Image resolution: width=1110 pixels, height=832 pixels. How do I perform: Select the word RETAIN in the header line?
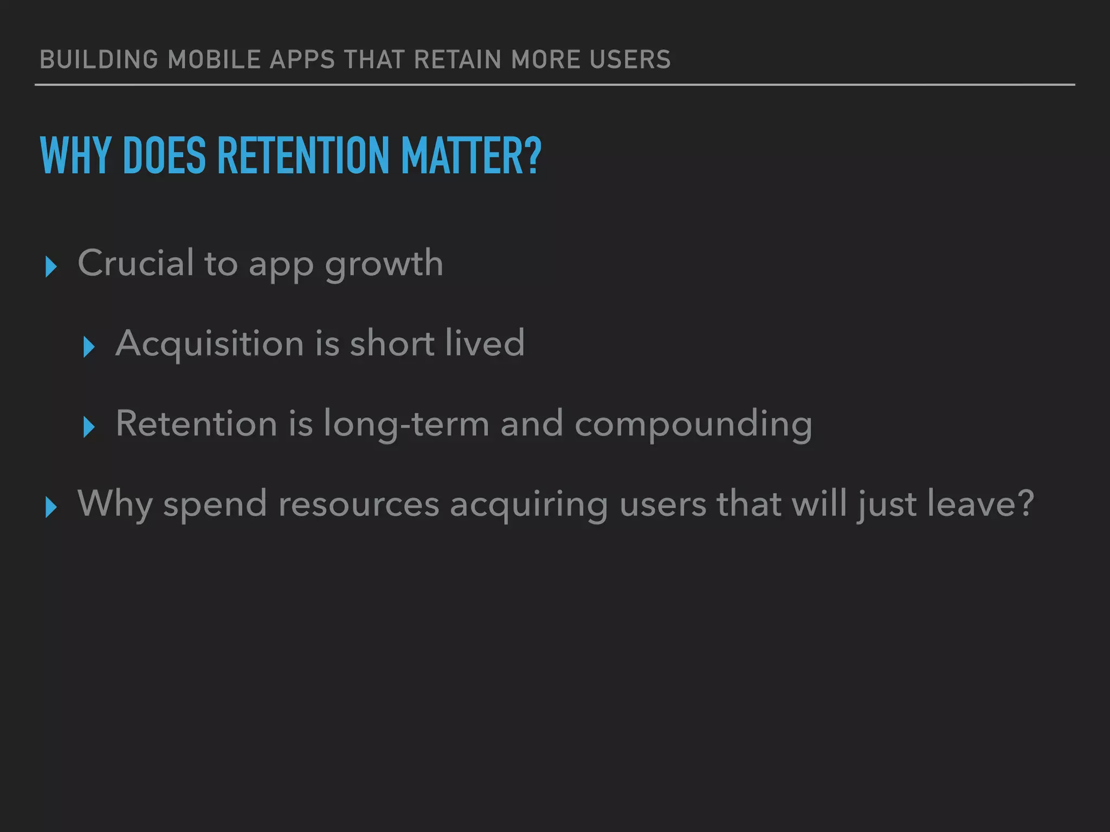458,60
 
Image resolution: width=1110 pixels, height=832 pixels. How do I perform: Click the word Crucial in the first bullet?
135,263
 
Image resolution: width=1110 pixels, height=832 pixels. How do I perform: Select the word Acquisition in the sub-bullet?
210,344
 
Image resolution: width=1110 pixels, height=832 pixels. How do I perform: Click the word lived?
485,343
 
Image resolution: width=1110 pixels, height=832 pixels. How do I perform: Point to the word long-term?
406,424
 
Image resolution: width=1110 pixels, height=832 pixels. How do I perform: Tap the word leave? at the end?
980,504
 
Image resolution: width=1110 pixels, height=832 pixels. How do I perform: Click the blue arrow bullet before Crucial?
51,267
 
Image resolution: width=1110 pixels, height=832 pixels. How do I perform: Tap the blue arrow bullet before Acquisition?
89,347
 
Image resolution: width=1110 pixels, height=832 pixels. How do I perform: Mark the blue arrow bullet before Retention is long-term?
89,427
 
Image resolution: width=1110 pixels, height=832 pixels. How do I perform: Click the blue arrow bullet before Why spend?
51,508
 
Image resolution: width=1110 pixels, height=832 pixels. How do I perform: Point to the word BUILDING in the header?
99,60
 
